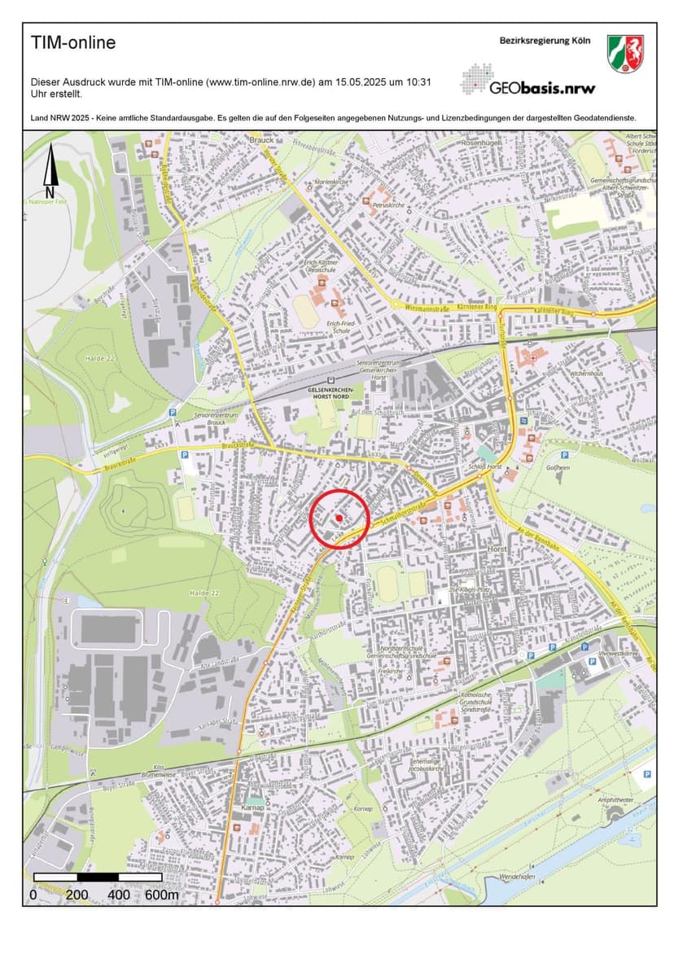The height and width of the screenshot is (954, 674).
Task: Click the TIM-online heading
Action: click(73, 43)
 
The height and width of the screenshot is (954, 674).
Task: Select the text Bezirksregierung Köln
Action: click(545, 41)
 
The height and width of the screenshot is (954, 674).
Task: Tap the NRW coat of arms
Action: click(625, 53)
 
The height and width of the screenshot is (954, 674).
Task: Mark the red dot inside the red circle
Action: click(339, 517)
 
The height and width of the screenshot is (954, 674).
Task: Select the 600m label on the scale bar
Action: click(162, 895)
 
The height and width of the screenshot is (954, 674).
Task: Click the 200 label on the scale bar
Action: click(77, 895)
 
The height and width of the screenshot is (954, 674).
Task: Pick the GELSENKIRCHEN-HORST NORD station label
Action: click(330, 392)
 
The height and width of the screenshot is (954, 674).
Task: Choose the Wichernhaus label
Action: click(586, 374)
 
